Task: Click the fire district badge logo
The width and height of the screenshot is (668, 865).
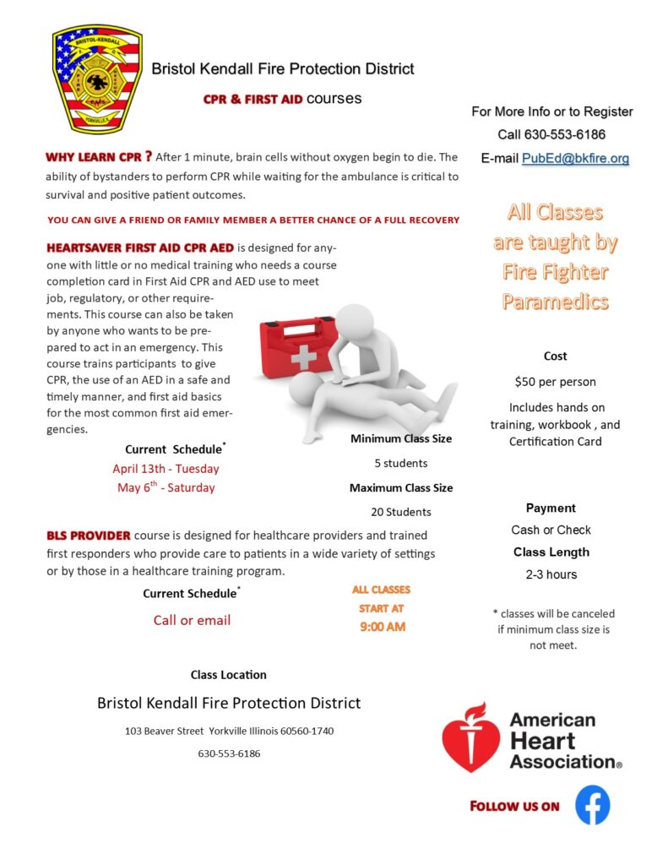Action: click(x=97, y=79)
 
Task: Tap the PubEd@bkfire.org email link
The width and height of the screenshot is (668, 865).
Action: click(x=575, y=158)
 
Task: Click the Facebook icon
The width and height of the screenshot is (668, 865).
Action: click(x=593, y=804)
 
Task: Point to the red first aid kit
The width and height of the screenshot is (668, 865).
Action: click(x=291, y=351)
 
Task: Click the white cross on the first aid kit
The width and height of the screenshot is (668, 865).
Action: click(x=303, y=356)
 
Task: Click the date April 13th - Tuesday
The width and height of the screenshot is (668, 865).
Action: click(x=166, y=468)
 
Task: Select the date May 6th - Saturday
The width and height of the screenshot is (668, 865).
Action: click(x=166, y=487)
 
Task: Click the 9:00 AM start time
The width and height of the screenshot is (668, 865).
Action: click(x=383, y=627)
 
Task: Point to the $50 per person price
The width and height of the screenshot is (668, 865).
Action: click(x=555, y=381)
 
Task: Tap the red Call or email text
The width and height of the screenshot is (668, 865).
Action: click(x=192, y=620)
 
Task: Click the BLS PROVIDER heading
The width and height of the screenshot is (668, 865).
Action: click(x=89, y=535)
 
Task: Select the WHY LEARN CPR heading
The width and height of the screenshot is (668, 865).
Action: click(x=99, y=156)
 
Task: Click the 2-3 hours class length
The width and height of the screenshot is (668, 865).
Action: click(x=551, y=574)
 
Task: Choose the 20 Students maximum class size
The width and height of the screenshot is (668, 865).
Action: click(x=401, y=511)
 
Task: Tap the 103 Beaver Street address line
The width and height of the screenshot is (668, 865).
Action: click(x=230, y=730)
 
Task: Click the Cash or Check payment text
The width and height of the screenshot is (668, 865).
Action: click(x=551, y=530)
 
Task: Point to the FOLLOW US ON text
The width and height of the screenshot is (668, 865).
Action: click(x=514, y=806)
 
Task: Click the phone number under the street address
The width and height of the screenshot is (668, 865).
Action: click(x=229, y=753)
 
